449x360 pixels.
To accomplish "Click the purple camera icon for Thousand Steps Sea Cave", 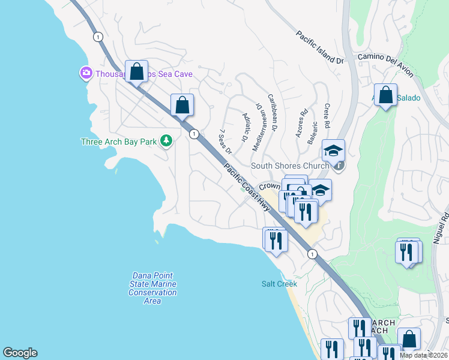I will pyautogui.click(x=86, y=73).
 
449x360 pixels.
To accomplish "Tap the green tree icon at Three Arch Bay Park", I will pyautogui.click(x=166, y=142).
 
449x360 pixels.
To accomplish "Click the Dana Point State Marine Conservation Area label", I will pyautogui.click(x=152, y=288).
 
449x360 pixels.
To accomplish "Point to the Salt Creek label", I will pyautogui.click(x=279, y=284).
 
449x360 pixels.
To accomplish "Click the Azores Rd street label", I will pyautogui.click(x=301, y=124).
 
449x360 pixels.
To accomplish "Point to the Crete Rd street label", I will pyautogui.click(x=327, y=116).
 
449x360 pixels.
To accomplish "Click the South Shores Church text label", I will pyautogui.click(x=290, y=166).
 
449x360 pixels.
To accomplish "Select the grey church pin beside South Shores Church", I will pyautogui.click(x=339, y=166).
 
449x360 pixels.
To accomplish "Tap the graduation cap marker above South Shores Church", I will pyautogui.click(x=333, y=150).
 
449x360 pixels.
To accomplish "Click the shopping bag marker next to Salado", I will pyautogui.click(x=385, y=95).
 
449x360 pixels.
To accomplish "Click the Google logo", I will pyautogui.click(x=20, y=353).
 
